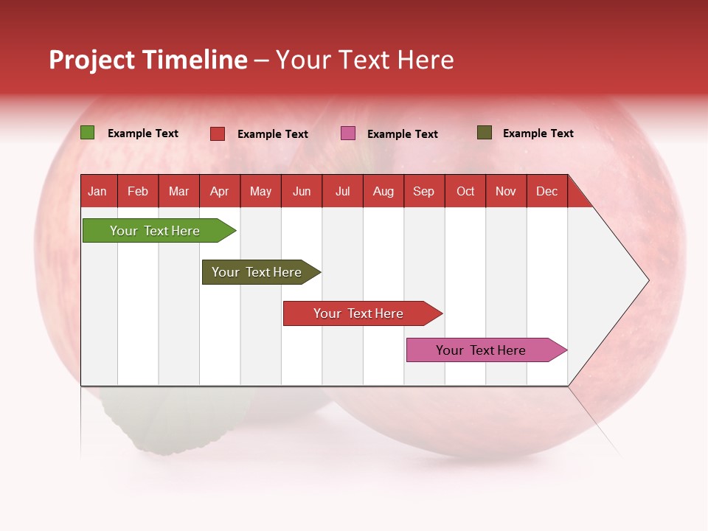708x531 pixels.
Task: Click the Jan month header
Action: click(97, 191)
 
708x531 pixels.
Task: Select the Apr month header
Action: click(219, 191)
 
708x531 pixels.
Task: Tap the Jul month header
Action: click(342, 191)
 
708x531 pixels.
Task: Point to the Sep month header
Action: click(423, 191)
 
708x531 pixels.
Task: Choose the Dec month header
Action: click(546, 191)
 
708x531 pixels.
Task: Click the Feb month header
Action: click(138, 191)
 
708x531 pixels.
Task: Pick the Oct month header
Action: click(465, 191)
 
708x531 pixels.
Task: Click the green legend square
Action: click(88, 133)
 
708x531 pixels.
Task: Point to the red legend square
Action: click(218, 133)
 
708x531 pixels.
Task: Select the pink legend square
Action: click(348, 133)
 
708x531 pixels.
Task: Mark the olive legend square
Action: click(485, 133)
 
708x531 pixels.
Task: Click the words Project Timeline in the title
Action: click(148, 60)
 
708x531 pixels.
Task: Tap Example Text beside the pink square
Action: click(402, 134)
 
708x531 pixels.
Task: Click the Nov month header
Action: click(506, 191)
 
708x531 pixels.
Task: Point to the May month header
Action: click(260, 191)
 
